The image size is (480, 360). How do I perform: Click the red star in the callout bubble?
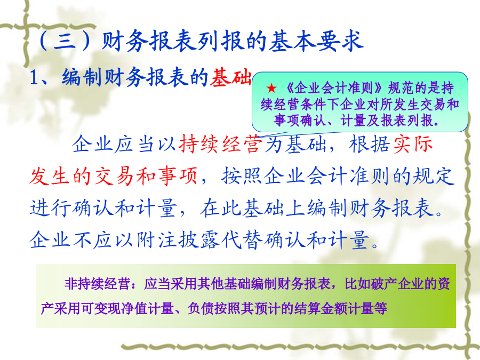click(271, 89)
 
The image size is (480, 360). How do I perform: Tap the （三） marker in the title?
click(65, 41)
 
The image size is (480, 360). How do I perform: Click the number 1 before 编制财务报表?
click(34, 77)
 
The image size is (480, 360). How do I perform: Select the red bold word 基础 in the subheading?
click(231, 77)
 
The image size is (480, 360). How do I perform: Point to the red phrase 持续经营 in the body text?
click(221, 144)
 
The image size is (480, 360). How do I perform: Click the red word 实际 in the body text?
click(413, 144)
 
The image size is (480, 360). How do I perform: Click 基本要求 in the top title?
click(316, 41)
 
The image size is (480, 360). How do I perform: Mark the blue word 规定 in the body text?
click(434, 176)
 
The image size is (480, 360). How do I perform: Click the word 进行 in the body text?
click(50, 207)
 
